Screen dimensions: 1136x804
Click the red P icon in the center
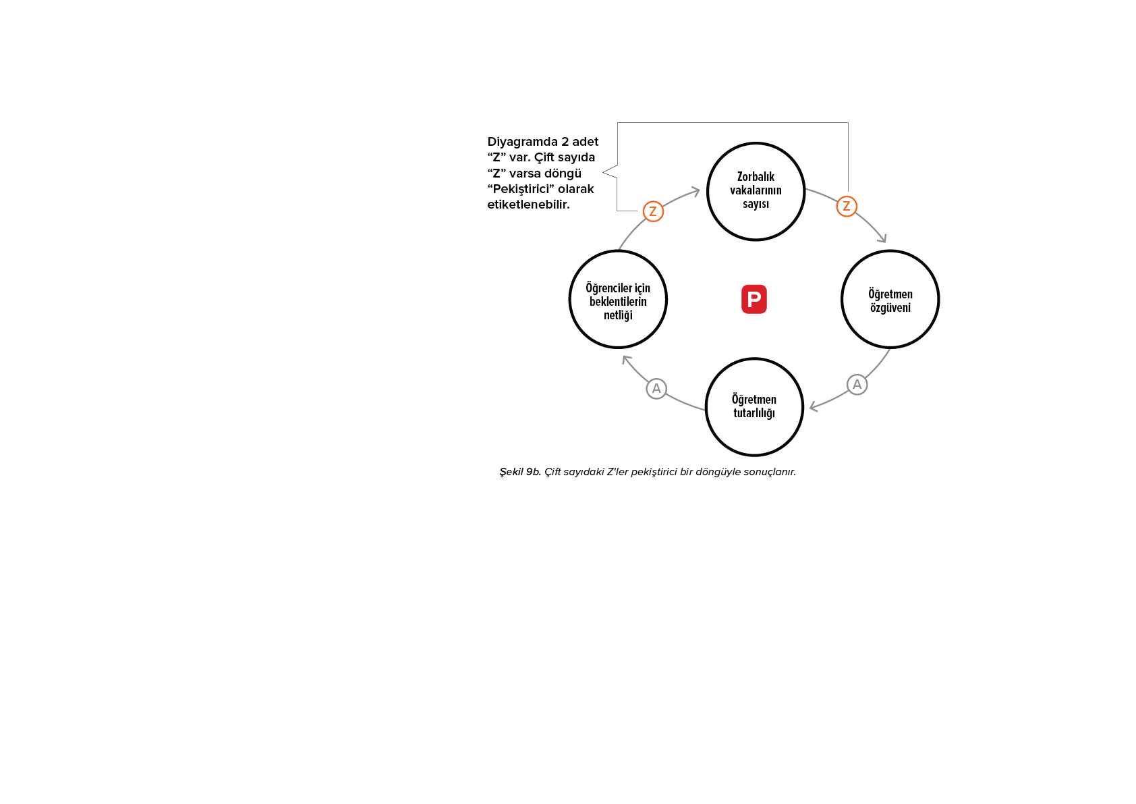coord(754,299)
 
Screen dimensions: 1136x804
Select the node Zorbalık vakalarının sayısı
coord(756,191)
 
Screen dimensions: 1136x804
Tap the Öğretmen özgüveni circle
coord(890,300)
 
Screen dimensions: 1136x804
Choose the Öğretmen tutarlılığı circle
coord(754,406)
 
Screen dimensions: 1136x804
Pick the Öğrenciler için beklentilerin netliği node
coord(618,300)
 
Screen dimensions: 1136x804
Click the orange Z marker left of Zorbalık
coord(653,211)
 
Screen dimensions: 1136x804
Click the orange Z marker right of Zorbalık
coord(846,206)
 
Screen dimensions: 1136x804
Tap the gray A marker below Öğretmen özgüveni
coord(857,384)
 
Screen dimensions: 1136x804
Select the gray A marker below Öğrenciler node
coord(656,389)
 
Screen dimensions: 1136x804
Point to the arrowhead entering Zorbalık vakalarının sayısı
coord(696,191)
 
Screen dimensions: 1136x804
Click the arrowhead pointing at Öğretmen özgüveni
coord(883,238)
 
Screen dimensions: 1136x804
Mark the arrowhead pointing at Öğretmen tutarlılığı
coord(813,406)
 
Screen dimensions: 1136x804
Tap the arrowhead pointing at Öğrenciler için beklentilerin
coord(626,359)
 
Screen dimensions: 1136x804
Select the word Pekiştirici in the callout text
coord(520,189)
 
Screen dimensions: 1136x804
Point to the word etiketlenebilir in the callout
coord(528,205)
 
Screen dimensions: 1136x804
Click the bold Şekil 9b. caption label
coord(520,472)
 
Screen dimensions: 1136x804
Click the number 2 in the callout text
coord(565,142)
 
